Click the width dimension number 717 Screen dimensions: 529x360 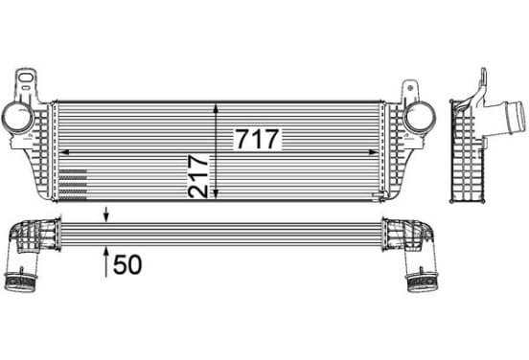[258, 139]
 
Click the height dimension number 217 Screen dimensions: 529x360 [198, 176]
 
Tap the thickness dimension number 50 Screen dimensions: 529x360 [127, 264]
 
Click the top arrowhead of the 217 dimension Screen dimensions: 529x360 [216, 108]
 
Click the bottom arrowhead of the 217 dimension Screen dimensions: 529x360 [216, 193]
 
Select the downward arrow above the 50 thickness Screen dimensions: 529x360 [106, 214]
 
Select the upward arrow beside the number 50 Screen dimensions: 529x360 [106, 262]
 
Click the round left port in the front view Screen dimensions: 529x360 [17, 118]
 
